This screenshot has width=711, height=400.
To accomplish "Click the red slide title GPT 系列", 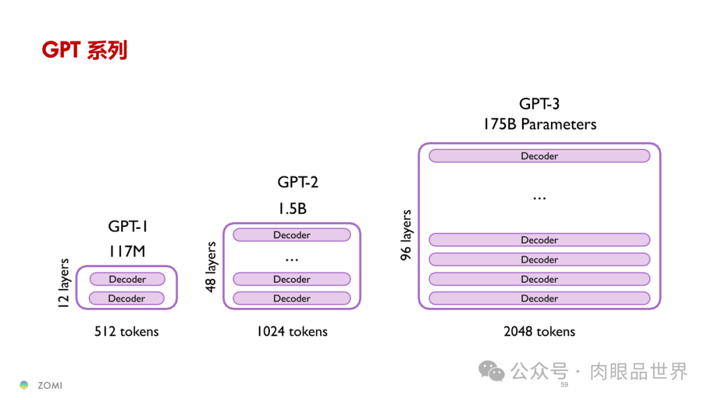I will [84, 50].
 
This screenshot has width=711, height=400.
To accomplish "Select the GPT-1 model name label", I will [128, 227].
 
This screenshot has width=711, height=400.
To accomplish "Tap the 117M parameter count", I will [128, 251].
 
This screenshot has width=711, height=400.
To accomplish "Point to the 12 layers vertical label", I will [64, 284].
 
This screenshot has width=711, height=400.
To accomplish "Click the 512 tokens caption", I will [126, 332].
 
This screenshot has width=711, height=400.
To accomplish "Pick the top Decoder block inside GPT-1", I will [127, 279].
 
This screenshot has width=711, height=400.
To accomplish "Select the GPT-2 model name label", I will [298, 182].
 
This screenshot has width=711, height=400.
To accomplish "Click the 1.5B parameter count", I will [291, 209].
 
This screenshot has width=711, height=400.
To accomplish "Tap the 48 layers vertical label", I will [211, 267].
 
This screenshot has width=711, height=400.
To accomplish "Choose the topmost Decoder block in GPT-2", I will [292, 235].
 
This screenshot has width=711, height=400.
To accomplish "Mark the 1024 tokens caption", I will [292, 332].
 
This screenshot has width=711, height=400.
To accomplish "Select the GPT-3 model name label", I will [539, 103].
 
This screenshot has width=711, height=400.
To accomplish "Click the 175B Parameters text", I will [539, 124].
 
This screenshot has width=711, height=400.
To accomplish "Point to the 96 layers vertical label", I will [407, 235].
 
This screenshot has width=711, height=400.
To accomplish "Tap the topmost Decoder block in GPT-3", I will [539, 156].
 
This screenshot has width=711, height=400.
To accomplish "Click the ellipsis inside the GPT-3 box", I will [539, 197].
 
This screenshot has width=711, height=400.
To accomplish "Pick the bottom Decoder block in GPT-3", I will [539, 299].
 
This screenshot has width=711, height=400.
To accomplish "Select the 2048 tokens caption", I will [539, 332].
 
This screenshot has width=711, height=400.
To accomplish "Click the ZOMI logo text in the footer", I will [49, 386].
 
